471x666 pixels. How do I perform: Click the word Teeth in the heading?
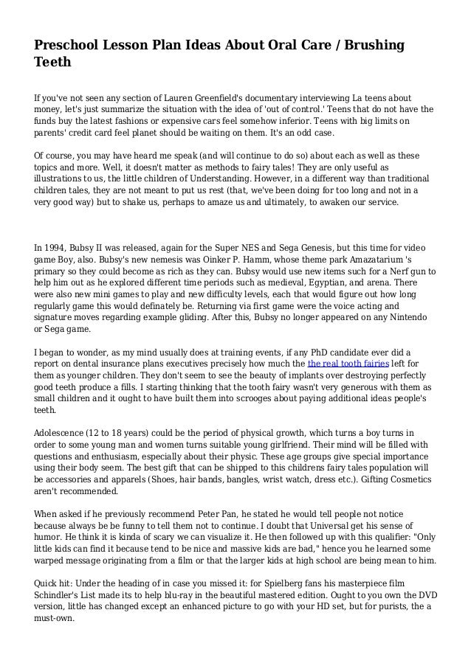coord(52,63)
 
